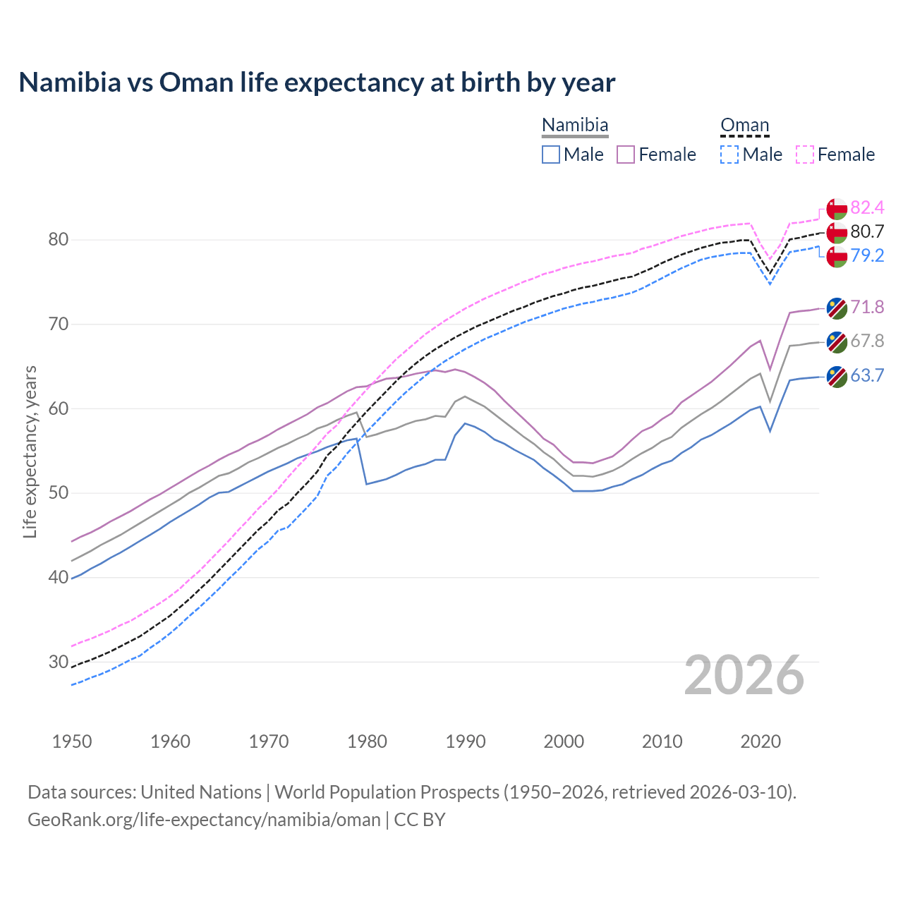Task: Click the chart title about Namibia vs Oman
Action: (x=317, y=83)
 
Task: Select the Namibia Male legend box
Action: (x=551, y=154)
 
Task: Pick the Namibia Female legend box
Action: (x=626, y=154)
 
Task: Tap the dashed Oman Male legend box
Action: (x=729, y=154)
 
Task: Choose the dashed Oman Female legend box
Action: (x=805, y=154)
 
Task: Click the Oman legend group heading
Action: (x=744, y=126)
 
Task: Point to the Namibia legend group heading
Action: (x=574, y=126)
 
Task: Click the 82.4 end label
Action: (x=867, y=207)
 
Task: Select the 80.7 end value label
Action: (x=867, y=231)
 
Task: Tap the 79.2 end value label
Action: (x=867, y=255)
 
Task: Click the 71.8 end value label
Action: (x=867, y=307)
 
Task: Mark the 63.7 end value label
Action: (x=867, y=375)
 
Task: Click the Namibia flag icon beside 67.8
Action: (x=837, y=341)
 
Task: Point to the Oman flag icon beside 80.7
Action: (x=837, y=232)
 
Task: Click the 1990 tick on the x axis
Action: (x=466, y=741)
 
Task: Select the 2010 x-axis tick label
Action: (x=662, y=741)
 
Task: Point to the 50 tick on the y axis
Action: (x=58, y=493)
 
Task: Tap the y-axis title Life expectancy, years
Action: (x=30, y=451)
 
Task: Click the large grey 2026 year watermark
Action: (x=744, y=675)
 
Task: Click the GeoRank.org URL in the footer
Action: (x=204, y=820)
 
